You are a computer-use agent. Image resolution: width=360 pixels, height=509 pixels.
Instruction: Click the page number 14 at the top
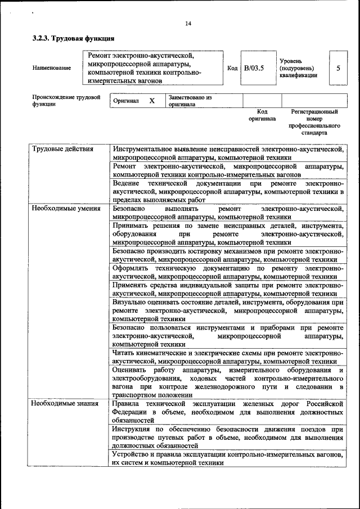point(188,23)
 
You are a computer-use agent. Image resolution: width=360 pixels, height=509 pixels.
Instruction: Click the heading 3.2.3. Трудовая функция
point(73,39)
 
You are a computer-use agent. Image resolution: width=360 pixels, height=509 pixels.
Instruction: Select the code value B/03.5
point(254,68)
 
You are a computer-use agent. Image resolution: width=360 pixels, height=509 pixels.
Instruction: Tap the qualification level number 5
point(338,68)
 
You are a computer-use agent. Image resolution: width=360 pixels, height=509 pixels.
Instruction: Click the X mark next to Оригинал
point(151,101)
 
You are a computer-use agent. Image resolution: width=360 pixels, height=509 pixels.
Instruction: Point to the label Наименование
point(52,68)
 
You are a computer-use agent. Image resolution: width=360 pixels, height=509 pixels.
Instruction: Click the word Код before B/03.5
point(232,68)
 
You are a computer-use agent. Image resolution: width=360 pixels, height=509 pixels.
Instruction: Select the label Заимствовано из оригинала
point(190,101)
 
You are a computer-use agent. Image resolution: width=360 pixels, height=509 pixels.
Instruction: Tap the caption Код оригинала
point(262,115)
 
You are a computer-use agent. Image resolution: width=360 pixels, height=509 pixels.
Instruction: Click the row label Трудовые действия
point(62,149)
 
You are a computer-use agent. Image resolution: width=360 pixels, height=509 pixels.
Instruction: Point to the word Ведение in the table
point(125,184)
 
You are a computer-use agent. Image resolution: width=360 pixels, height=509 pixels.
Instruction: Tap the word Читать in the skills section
point(124,353)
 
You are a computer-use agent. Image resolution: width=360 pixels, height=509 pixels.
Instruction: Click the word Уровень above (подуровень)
point(291,60)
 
